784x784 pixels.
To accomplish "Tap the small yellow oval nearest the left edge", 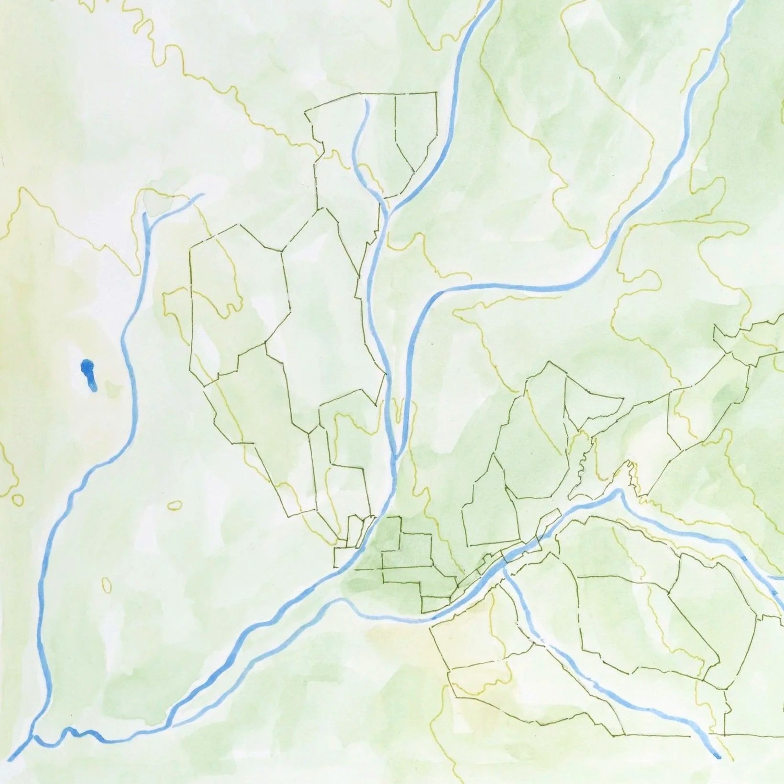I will coord(18,500).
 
